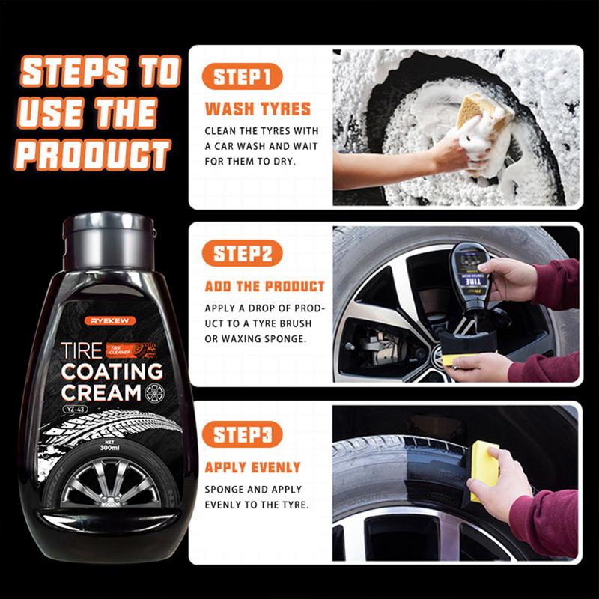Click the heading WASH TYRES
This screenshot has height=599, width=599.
(x=258, y=109)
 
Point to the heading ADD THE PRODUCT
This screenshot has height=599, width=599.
(x=265, y=286)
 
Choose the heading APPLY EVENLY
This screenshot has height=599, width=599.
(x=253, y=467)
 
